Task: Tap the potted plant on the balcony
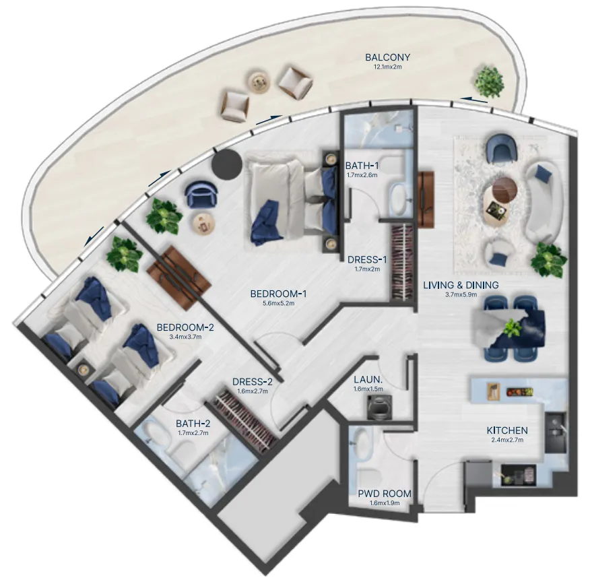pos(489,81)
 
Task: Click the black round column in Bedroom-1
pos(226,164)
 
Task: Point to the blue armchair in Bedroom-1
pos(201,193)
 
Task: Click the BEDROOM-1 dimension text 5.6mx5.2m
pos(278,304)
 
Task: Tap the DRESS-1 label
pos(367,259)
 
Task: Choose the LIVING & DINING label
pos(461,285)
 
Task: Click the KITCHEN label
pos(507,430)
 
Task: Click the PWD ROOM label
pos(385,494)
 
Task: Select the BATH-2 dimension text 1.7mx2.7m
pos(193,433)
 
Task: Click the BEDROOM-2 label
pos(185,327)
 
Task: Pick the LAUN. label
pos(368,379)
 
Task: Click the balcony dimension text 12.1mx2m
pos(388,67)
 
